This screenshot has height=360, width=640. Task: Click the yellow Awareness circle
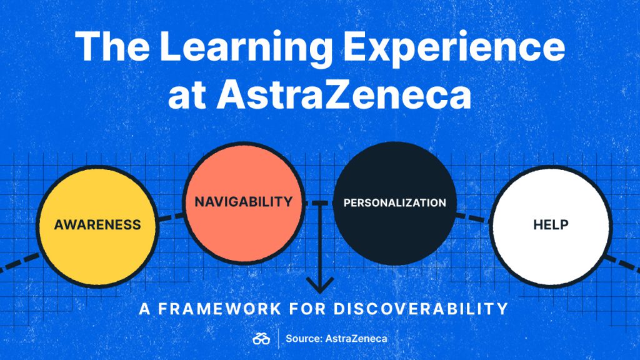pos(97,226)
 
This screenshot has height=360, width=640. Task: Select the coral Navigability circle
pos(244,203)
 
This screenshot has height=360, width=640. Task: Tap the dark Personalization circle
pos(395,203)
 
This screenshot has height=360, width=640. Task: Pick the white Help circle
pos(551,226)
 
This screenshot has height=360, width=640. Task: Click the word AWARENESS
pos(97,225)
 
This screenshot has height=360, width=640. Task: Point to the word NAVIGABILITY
pos(244,202)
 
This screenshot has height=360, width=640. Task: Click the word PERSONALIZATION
pos(395,203)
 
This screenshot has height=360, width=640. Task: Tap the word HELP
pos(551,224)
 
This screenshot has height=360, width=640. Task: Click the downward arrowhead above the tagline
pos(320,285)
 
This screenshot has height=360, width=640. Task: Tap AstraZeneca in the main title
pos(344,96)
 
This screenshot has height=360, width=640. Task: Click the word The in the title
pos(112,46)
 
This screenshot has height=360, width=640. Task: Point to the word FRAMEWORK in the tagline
pos(219,309)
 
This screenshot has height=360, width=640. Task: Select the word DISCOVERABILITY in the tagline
pos(421,309)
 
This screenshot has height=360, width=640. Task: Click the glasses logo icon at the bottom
pos(261,338)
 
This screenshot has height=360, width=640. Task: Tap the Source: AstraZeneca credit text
pos(336,338)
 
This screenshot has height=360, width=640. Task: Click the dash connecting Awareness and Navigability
pos(171,217)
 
